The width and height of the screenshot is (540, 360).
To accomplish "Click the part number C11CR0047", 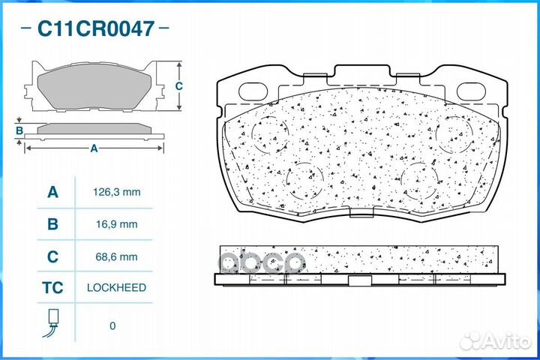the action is (95, 28).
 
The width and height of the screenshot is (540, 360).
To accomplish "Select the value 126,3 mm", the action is (117, 192).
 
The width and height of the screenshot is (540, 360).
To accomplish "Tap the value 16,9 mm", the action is (117, 224).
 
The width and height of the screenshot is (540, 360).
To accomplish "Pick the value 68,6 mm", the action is (117, 256).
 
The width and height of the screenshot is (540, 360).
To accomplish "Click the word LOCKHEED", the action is (116, 288).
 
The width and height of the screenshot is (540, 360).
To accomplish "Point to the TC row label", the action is (52, 288).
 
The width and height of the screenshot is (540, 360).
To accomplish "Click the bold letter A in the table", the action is (52, 192).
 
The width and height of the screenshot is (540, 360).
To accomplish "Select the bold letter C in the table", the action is (52, 256).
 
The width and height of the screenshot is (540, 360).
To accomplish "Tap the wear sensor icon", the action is (51, 322).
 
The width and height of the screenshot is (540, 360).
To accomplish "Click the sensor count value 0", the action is (112, 326).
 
